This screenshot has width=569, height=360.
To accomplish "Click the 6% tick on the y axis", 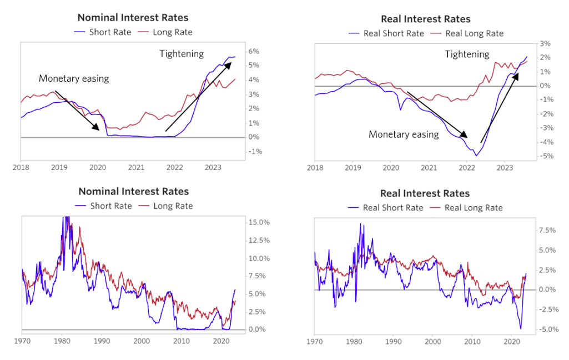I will [254, 51].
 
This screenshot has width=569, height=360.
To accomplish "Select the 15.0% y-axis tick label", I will [258, 222].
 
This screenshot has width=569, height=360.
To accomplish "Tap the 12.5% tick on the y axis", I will [258, 241].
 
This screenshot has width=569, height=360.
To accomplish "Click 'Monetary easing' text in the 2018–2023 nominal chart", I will [74, 78].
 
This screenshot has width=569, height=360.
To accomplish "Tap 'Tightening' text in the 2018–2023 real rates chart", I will [467, 54].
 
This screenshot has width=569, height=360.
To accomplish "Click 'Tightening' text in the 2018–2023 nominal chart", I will [182, 54].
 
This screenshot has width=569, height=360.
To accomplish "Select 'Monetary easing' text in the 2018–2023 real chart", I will [404, 134].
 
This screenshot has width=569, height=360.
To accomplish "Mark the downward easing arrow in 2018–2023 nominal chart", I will [77, 110].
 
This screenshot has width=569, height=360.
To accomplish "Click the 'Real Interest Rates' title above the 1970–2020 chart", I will [425, 193].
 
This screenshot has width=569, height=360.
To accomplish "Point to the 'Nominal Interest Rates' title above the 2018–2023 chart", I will [133, 18].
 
